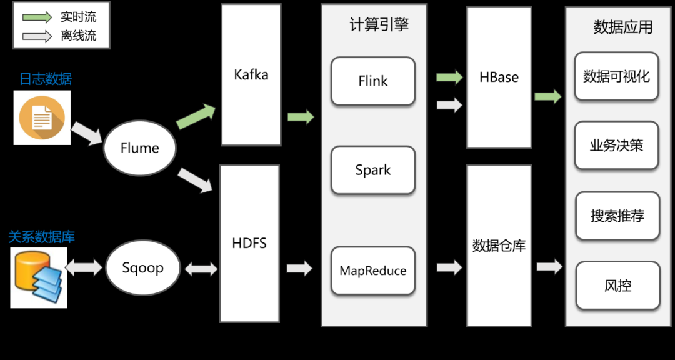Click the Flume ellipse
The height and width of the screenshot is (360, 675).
(140, 147)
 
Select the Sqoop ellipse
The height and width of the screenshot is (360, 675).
(142, 268)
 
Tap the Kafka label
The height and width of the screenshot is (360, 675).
(251, 75)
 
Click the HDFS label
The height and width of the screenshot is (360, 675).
(249, 243)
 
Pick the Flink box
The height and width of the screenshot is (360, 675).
(372, 81)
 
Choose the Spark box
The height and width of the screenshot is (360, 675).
(372, 169)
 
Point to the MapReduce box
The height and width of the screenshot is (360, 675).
(372, 271)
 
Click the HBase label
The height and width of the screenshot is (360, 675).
(499, 77)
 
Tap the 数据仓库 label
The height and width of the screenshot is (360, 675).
(499, 246)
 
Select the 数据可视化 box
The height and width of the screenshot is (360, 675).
(616, 76)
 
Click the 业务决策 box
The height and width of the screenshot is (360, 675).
(616, 145)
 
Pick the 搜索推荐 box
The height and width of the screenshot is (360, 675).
(617, 216)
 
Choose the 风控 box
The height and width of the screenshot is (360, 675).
(617, 286)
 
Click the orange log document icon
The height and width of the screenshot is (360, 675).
(42, 117)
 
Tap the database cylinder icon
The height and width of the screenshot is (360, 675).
(38, 277)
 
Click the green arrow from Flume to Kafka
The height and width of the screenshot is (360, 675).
(196, 117)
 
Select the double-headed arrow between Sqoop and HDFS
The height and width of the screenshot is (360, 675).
(201, 269)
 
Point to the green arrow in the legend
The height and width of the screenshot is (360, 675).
(36, 17)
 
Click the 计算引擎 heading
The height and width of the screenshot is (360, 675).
(379, 26)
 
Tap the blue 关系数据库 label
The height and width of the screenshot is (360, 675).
(41, 237)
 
